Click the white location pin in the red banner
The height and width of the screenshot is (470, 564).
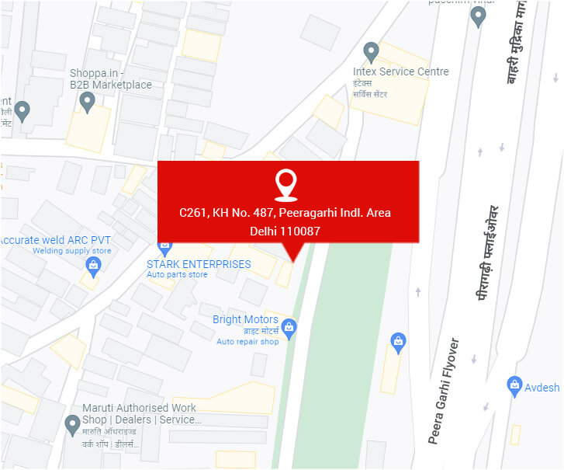point(286,185)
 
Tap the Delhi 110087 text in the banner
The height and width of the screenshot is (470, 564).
point(285,231)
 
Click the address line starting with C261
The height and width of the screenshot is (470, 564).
point(285,212)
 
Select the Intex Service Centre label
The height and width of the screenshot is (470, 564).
point(400,71)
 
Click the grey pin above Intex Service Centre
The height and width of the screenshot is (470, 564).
point(372,52)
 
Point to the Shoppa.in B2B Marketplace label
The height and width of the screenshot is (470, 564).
point(111,79)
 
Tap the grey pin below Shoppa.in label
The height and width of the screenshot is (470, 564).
point(88,102)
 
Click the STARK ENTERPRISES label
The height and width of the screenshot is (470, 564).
point(199,264)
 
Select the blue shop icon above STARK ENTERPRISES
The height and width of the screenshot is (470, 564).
point(164,247)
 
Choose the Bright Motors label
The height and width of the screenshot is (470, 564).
point(245,319)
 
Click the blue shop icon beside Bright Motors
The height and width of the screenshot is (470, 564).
point(289,327)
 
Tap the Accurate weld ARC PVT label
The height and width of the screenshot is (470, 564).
point(56,240)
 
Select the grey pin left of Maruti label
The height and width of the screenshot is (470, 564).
point(73,424)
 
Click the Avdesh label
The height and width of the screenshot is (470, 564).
point(542,388)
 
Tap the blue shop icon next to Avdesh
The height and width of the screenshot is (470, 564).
point(514,384)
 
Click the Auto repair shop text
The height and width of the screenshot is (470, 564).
point(247,342)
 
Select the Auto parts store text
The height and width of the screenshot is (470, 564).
point(177,275)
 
